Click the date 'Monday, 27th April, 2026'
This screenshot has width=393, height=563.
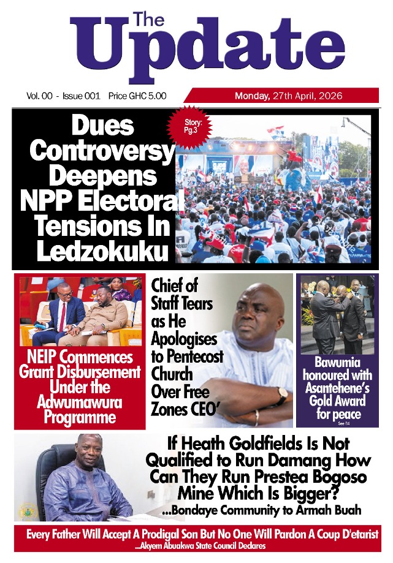pos(288,96)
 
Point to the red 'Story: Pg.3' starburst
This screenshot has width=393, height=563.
pos(189,130)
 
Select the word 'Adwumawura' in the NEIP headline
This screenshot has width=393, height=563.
pos(80,402)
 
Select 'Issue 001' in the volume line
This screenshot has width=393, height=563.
pos(82,96)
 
